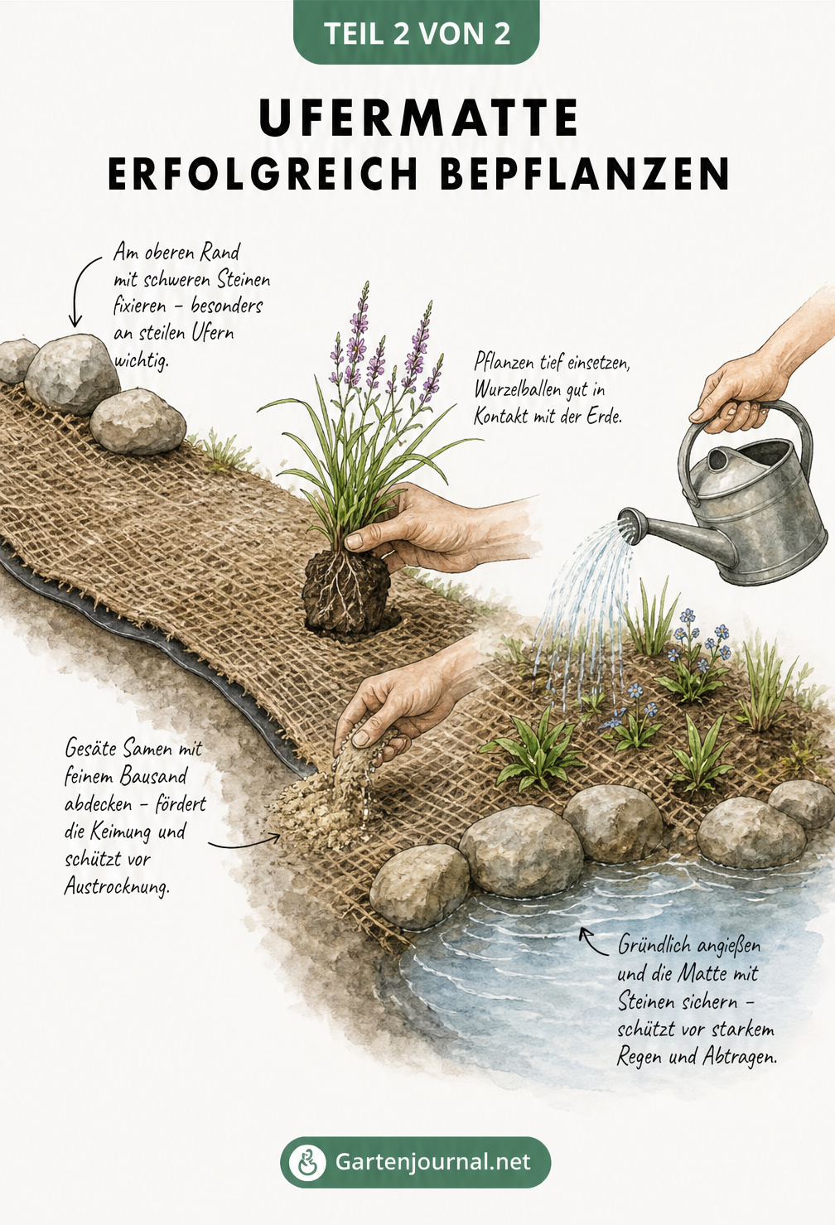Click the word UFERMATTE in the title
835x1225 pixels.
(x=418, y=118)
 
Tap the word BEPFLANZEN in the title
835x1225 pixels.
(x=584, y=174)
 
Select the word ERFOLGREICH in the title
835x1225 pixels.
(x=263, y=174)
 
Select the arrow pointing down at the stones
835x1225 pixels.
(x=82, y=291)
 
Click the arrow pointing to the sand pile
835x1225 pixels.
(x=244, y=843)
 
